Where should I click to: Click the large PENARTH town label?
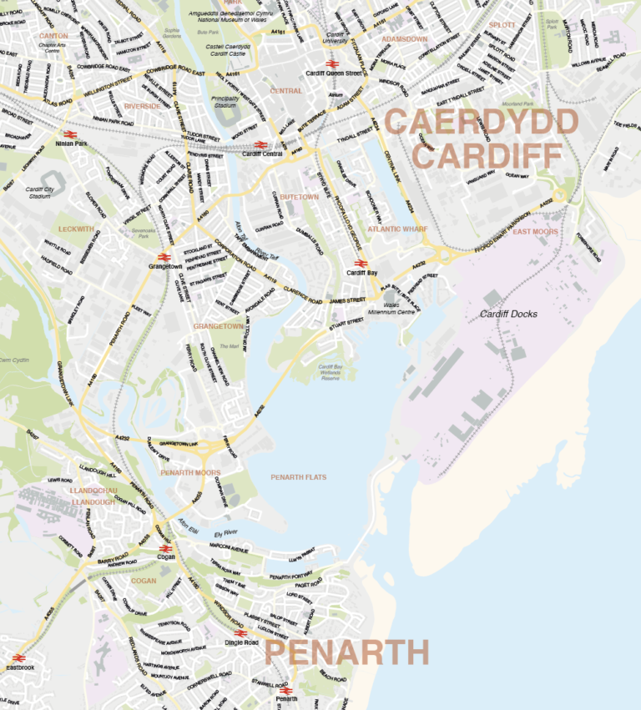point(346,653)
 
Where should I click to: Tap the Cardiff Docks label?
point(508,314)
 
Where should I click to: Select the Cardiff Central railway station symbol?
point(260,144)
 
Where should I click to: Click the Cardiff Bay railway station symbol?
point(357,264)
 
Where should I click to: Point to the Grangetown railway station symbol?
point(163,257)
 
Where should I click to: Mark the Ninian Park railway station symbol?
point(69,133)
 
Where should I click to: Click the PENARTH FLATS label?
point(299,477)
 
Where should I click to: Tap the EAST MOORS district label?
point(535,231)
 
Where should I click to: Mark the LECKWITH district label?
point(77,228)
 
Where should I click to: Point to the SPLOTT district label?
point(502,25)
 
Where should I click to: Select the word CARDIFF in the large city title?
point(488,154)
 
